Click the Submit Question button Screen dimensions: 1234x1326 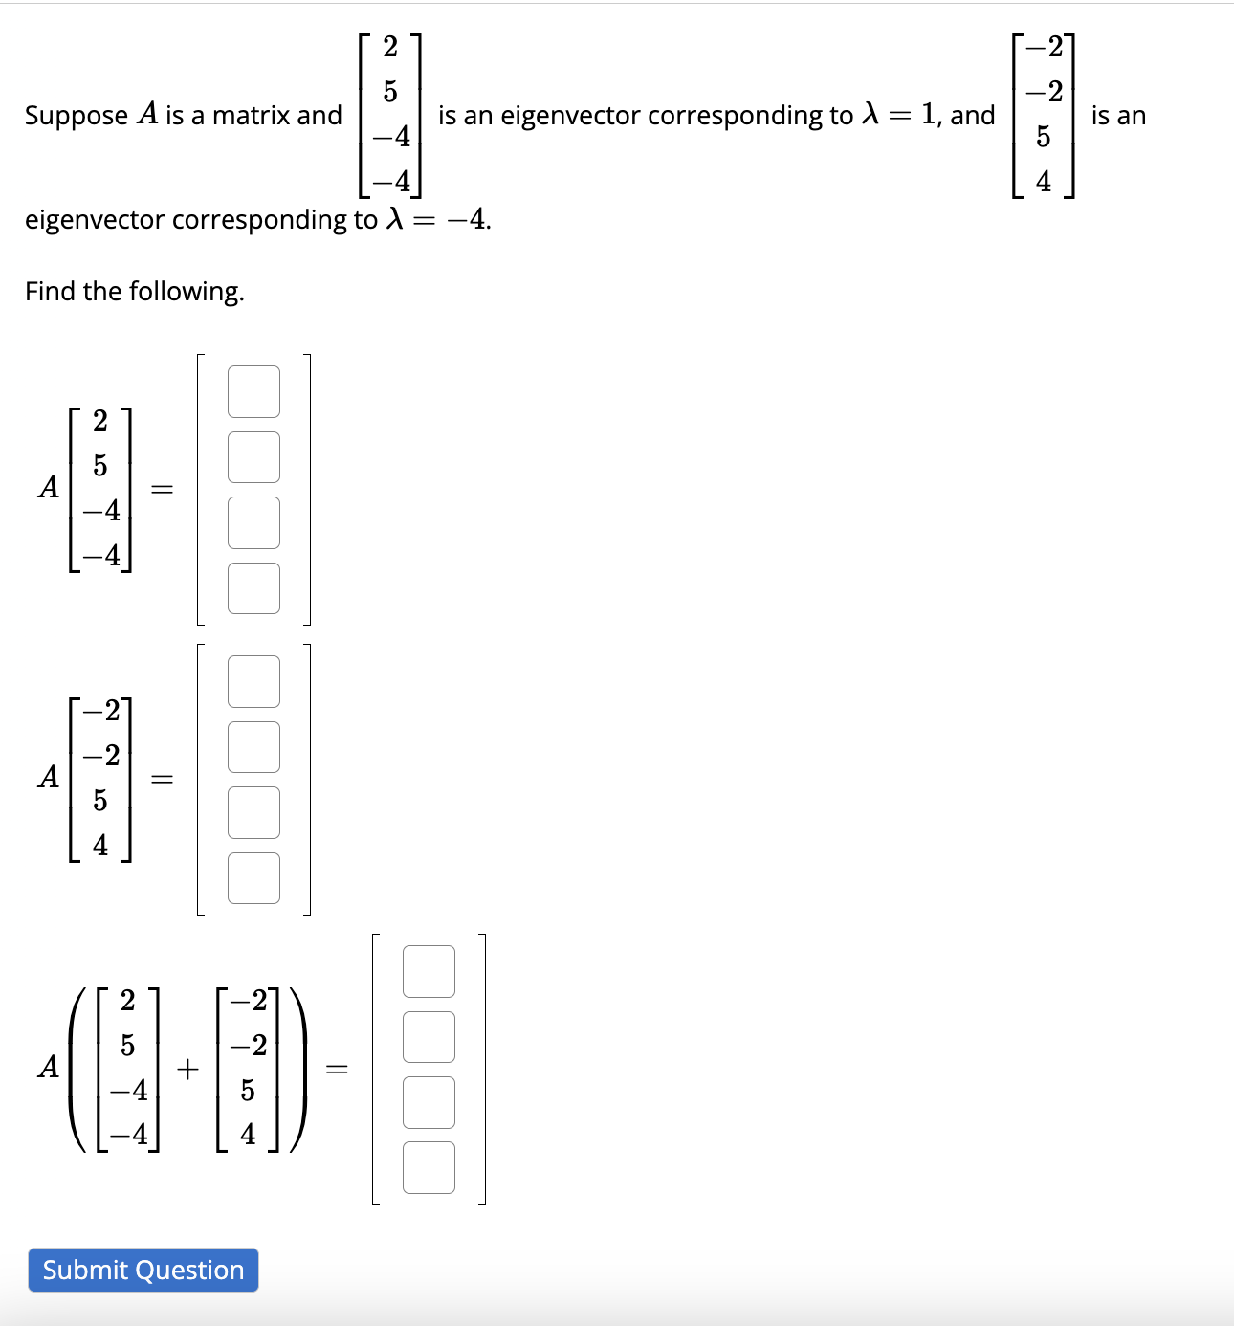point(143,1270)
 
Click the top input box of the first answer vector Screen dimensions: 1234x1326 point(253,392)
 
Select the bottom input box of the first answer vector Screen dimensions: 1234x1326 point(253,588)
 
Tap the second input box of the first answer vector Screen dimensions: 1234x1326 point(253,457)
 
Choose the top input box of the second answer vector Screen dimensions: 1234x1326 point(253,682)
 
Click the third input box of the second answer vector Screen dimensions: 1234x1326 point(253,812)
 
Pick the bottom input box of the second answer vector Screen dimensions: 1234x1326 point(253,878)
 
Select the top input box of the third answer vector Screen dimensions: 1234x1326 point(429,972)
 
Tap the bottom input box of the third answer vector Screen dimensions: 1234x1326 point(429,1168)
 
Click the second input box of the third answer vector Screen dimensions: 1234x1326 point(429,1037)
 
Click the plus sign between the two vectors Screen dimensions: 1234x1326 point(188,1069)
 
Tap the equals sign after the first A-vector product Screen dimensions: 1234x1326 point(163,490)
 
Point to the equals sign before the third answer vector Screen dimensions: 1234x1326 point(337,1069)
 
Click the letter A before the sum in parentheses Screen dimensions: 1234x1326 point(49,1067)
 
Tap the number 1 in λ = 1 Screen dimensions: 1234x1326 point(928,115)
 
